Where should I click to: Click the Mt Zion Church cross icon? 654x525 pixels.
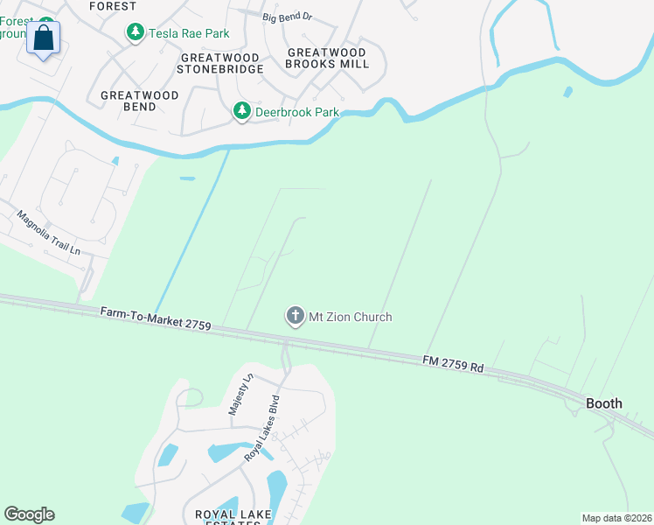coord(296,317)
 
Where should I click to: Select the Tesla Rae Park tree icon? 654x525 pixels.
coord(135,33)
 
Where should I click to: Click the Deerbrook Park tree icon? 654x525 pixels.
coord(241,111)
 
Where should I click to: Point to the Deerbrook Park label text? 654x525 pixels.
coord(296,112)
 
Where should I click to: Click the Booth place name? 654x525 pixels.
coord(604,403)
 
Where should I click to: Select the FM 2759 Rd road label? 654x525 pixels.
coord(453,363)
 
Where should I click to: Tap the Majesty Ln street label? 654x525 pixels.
coord(239,394)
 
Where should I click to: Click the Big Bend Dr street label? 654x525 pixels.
coord(287,17)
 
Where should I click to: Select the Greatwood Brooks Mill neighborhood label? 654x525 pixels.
coord(326,59)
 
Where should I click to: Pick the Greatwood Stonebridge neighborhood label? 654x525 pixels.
coord(221,63)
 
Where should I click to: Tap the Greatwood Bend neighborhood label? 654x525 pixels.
coord(140,101)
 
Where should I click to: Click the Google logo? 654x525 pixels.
coord(29,514)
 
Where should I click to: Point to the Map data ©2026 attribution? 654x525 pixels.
coord(616,518)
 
